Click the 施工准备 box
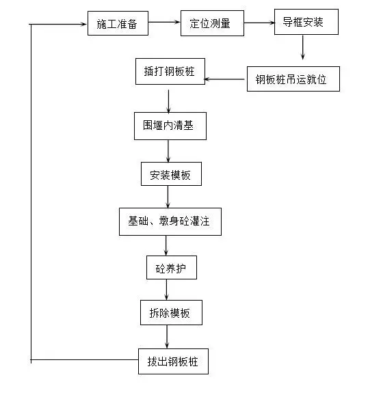(118, 23)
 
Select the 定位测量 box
(212, 23)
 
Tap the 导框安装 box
(306, 22)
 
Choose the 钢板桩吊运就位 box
(293, 79)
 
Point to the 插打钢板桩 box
(170, 71)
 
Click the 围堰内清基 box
(170, 126)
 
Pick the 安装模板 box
(171, 174)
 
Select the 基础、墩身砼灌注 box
(170, 221)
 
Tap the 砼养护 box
(172, 267)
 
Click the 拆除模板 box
(171, 312)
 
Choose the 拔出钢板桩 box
(173, 361)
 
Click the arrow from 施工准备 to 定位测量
(164, 22)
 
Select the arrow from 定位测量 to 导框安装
(259, 23)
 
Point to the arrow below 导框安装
(303, 47)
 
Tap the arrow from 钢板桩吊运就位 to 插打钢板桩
(224, 79)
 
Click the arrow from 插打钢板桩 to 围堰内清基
(168, 101)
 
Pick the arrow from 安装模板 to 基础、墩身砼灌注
(168, 197)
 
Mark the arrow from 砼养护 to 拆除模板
(166, 290)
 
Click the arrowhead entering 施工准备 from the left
(84, 25)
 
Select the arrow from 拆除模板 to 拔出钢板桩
(167, 337)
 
